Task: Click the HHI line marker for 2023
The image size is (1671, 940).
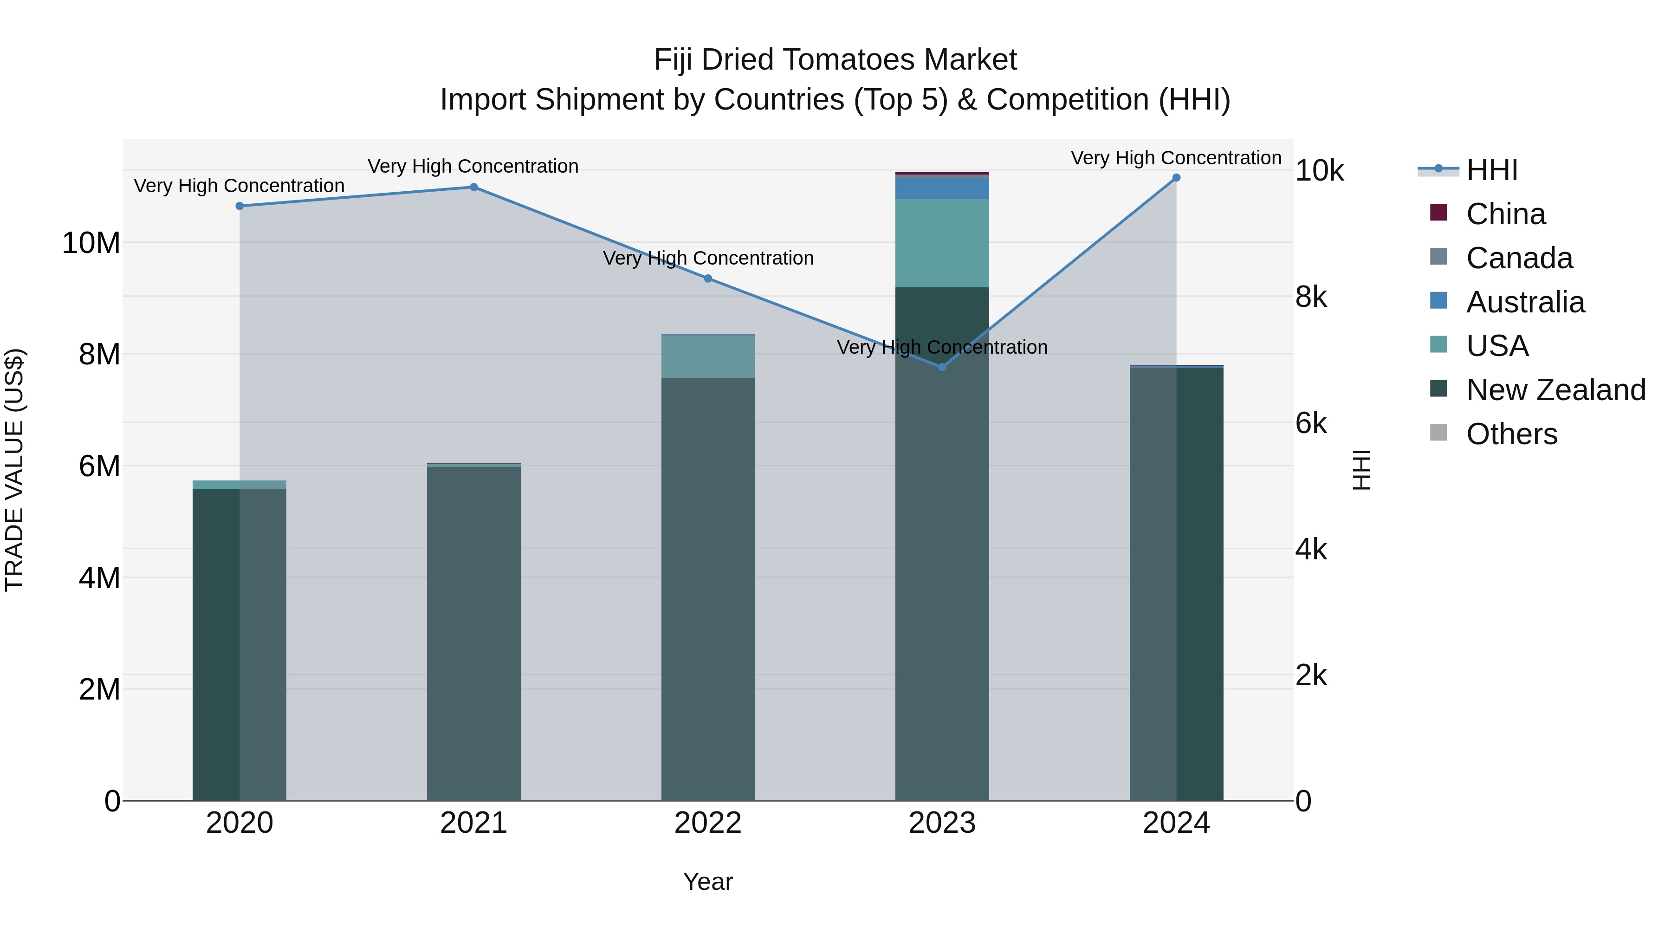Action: [x=942, y=367]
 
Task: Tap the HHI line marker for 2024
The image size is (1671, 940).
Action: [x=1176, y=178]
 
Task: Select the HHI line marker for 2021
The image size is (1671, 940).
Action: [x=473, y=187]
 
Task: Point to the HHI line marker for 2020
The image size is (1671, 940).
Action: [x=240, y=206]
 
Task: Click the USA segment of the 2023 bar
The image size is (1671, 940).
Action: [x=942, y=243]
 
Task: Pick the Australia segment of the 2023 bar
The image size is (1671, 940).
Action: [x=942, y=188]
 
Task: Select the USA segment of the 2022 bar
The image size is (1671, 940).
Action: [x=708, y=356]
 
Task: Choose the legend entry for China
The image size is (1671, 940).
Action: [x=1505, y=214]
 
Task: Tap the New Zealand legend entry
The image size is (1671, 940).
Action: [x=1555, y=390]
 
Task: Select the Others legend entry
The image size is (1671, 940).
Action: [x=1511, y=434]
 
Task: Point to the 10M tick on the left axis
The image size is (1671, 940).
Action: [x=91, y=243]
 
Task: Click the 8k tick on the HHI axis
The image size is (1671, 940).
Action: [x=1311, y=297]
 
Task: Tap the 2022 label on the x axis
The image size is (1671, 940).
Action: [x=708, y=823]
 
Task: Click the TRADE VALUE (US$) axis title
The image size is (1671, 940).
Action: [x=14, y=470]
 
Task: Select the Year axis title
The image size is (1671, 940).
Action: [x=708, y=882]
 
